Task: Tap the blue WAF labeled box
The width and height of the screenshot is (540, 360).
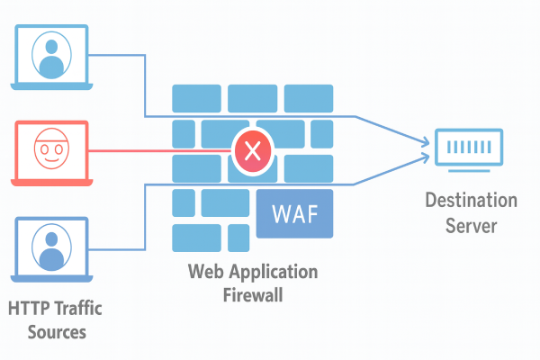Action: click(293, 214)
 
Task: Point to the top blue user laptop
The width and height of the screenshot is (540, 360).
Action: click(52, 57)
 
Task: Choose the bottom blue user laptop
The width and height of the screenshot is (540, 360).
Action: click(52, 247)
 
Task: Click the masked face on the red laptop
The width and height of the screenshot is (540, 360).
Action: click(52, 148)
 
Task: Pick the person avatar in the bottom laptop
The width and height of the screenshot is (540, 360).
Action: click(52, 244)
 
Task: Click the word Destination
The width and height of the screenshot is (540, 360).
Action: click(471, 201)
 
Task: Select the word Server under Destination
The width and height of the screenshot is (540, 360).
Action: click(471, 225)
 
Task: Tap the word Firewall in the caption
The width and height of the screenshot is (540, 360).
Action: click(252, 293)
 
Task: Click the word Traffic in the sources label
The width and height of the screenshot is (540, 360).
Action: click(76, 309)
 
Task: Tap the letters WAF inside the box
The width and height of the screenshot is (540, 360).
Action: click(293, 216)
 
